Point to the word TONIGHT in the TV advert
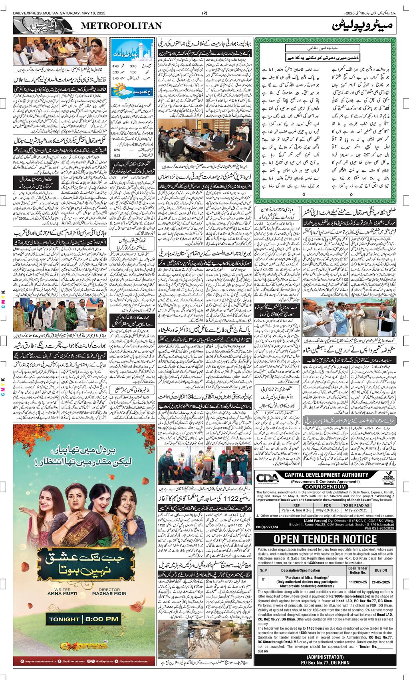(x=64, y=619)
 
